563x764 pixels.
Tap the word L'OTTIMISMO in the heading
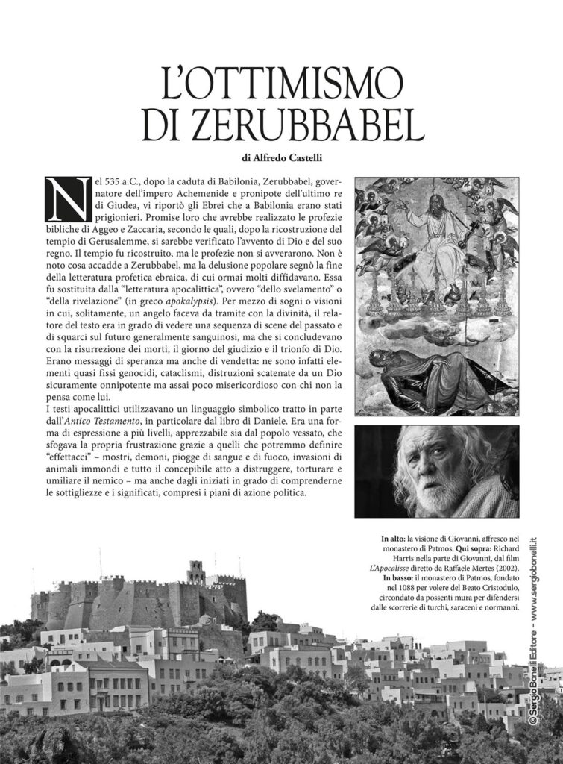(x=281, y=86)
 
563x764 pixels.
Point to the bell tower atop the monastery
(x=197, y=572)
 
